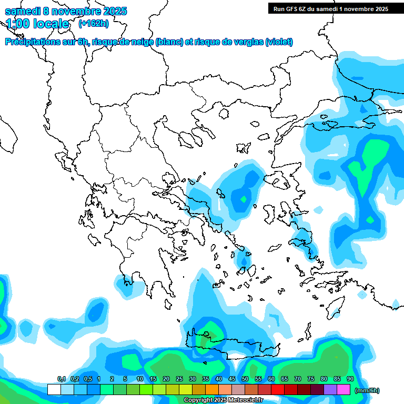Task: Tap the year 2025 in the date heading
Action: pyautogui.click(x=113, y=11)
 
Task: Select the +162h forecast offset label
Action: pyautogui.click(x=93, y=24)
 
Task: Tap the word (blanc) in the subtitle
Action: pyautogui.click(x=169, y=42)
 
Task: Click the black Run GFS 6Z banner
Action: pyautogui.click(x=330, y=8)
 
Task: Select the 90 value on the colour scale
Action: pyautogui.click(x=350, y=379)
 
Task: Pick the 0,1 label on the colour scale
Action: pyautogui.click(x=62, y=379)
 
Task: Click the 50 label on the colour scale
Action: pyautogui.click(x=245, y=379)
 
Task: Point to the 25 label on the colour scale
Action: pyautogui.click(x=179, y=379)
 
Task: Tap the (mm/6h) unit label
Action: pyautogui.click(x=367, y=390)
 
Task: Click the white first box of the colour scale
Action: pyautogui.click(x=54, y=389)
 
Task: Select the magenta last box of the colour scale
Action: pyautogui.click(x=344, y=389)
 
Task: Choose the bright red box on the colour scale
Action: pyautogui.click(x=278, y=389)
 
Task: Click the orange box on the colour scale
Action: pyautogui.click(x=212, y=389)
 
